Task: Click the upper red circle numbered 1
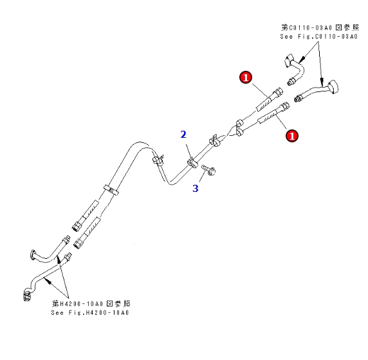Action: coord(245,78)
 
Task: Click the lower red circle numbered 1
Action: coord(291,136)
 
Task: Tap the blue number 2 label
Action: coord(183,135)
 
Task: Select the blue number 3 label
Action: coord(196,189)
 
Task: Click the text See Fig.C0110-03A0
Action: coord(318,37)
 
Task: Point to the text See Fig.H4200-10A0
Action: coord(91,312)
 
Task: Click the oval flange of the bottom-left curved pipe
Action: coord(33,256)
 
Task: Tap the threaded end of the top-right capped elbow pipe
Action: coord(299,98)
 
